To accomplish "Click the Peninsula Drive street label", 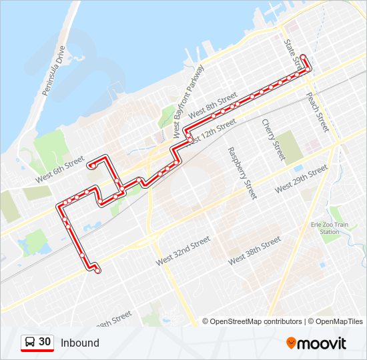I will coord(54,71).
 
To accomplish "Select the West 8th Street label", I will coord(213,107).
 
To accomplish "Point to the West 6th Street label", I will coord(60,169).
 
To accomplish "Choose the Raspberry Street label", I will coord(242,173).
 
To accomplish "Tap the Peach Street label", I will coord(318,111).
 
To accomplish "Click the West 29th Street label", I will coord(301,179).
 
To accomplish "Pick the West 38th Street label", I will coord(254,251).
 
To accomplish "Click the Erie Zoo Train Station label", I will coord(329,228).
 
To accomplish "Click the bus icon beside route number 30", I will coord(29,343).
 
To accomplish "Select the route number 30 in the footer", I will coord(45,342).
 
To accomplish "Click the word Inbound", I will coord(79,343).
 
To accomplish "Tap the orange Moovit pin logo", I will coord(291,343).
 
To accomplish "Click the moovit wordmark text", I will coord(322,343).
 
